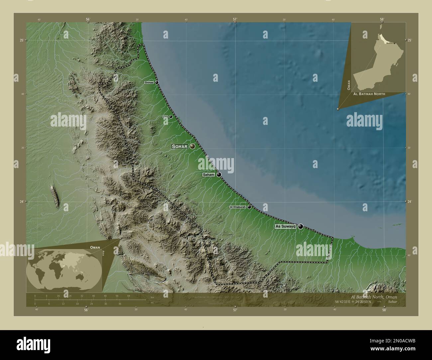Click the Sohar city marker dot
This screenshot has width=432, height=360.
[x=192, y=146]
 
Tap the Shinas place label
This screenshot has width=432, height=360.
[x=149, y=82]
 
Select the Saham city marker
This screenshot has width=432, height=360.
[x=219, y=174]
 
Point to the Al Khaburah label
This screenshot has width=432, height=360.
[x=238, y=207]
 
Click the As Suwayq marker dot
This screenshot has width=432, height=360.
[x=301, y=226]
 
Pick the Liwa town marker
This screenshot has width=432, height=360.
[x=171, y=117]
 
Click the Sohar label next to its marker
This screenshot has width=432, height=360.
[x=179, y=146]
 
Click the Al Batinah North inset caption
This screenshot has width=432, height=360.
[x=369, y=94]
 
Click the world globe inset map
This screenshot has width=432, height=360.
[x=64, y=269]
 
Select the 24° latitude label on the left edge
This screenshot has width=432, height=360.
[x=22, y=202]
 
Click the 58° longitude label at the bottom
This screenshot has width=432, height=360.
[x=384, y=310]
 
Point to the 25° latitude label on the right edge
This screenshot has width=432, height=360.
[x=410, y=40]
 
